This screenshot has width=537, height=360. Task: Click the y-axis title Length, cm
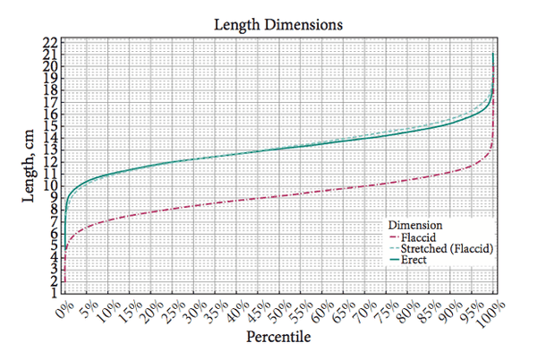29,167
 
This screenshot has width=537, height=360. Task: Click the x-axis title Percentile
278,340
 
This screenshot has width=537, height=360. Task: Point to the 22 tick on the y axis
51,42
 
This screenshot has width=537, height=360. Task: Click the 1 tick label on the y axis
54,293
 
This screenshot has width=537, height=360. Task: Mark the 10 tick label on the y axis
51,185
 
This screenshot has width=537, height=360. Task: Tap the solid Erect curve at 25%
171,162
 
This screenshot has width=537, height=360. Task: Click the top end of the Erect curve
494,54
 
